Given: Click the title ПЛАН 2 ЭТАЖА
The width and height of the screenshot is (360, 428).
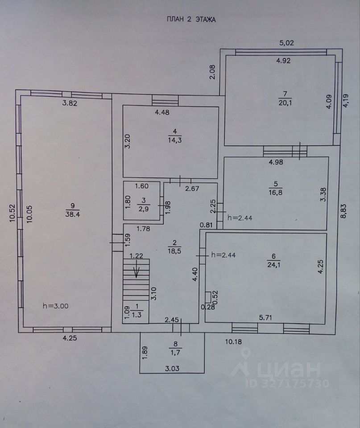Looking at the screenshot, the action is click(x=190, y=20).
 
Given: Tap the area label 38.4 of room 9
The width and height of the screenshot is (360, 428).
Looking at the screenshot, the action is click(x=73, y=214).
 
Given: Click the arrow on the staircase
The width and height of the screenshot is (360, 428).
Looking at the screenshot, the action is click(x=137, y=271).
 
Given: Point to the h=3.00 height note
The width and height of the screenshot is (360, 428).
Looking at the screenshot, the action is click(x=56, y=306).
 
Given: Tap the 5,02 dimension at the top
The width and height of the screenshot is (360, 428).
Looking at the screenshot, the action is click(x=287, y=43).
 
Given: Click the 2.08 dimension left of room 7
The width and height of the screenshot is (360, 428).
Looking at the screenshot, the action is click(x=212, y=73).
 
